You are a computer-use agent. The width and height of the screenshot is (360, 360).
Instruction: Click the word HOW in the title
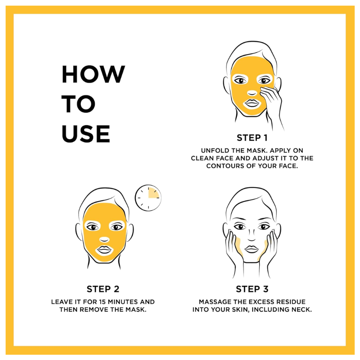(93, 74)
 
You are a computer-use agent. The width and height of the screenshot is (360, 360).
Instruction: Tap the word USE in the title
(86, 134)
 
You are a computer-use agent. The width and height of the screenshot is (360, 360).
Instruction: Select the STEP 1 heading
(252, 138)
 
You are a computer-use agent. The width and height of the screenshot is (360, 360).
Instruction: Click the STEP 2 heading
(103, 289)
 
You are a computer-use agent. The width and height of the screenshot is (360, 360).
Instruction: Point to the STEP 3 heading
(252, 289)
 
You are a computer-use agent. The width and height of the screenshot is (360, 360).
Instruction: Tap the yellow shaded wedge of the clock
(153, 193)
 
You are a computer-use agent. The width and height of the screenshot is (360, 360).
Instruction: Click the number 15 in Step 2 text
(103, 302)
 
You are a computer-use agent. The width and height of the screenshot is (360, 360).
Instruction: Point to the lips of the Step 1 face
(252, 103)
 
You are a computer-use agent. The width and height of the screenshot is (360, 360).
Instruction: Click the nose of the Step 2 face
(104, 240)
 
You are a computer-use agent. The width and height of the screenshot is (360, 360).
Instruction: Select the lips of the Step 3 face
(252, 249)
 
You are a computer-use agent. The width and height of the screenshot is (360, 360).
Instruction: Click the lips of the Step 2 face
(104, 250)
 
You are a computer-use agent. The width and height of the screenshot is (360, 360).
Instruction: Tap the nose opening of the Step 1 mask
(252, 93)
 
